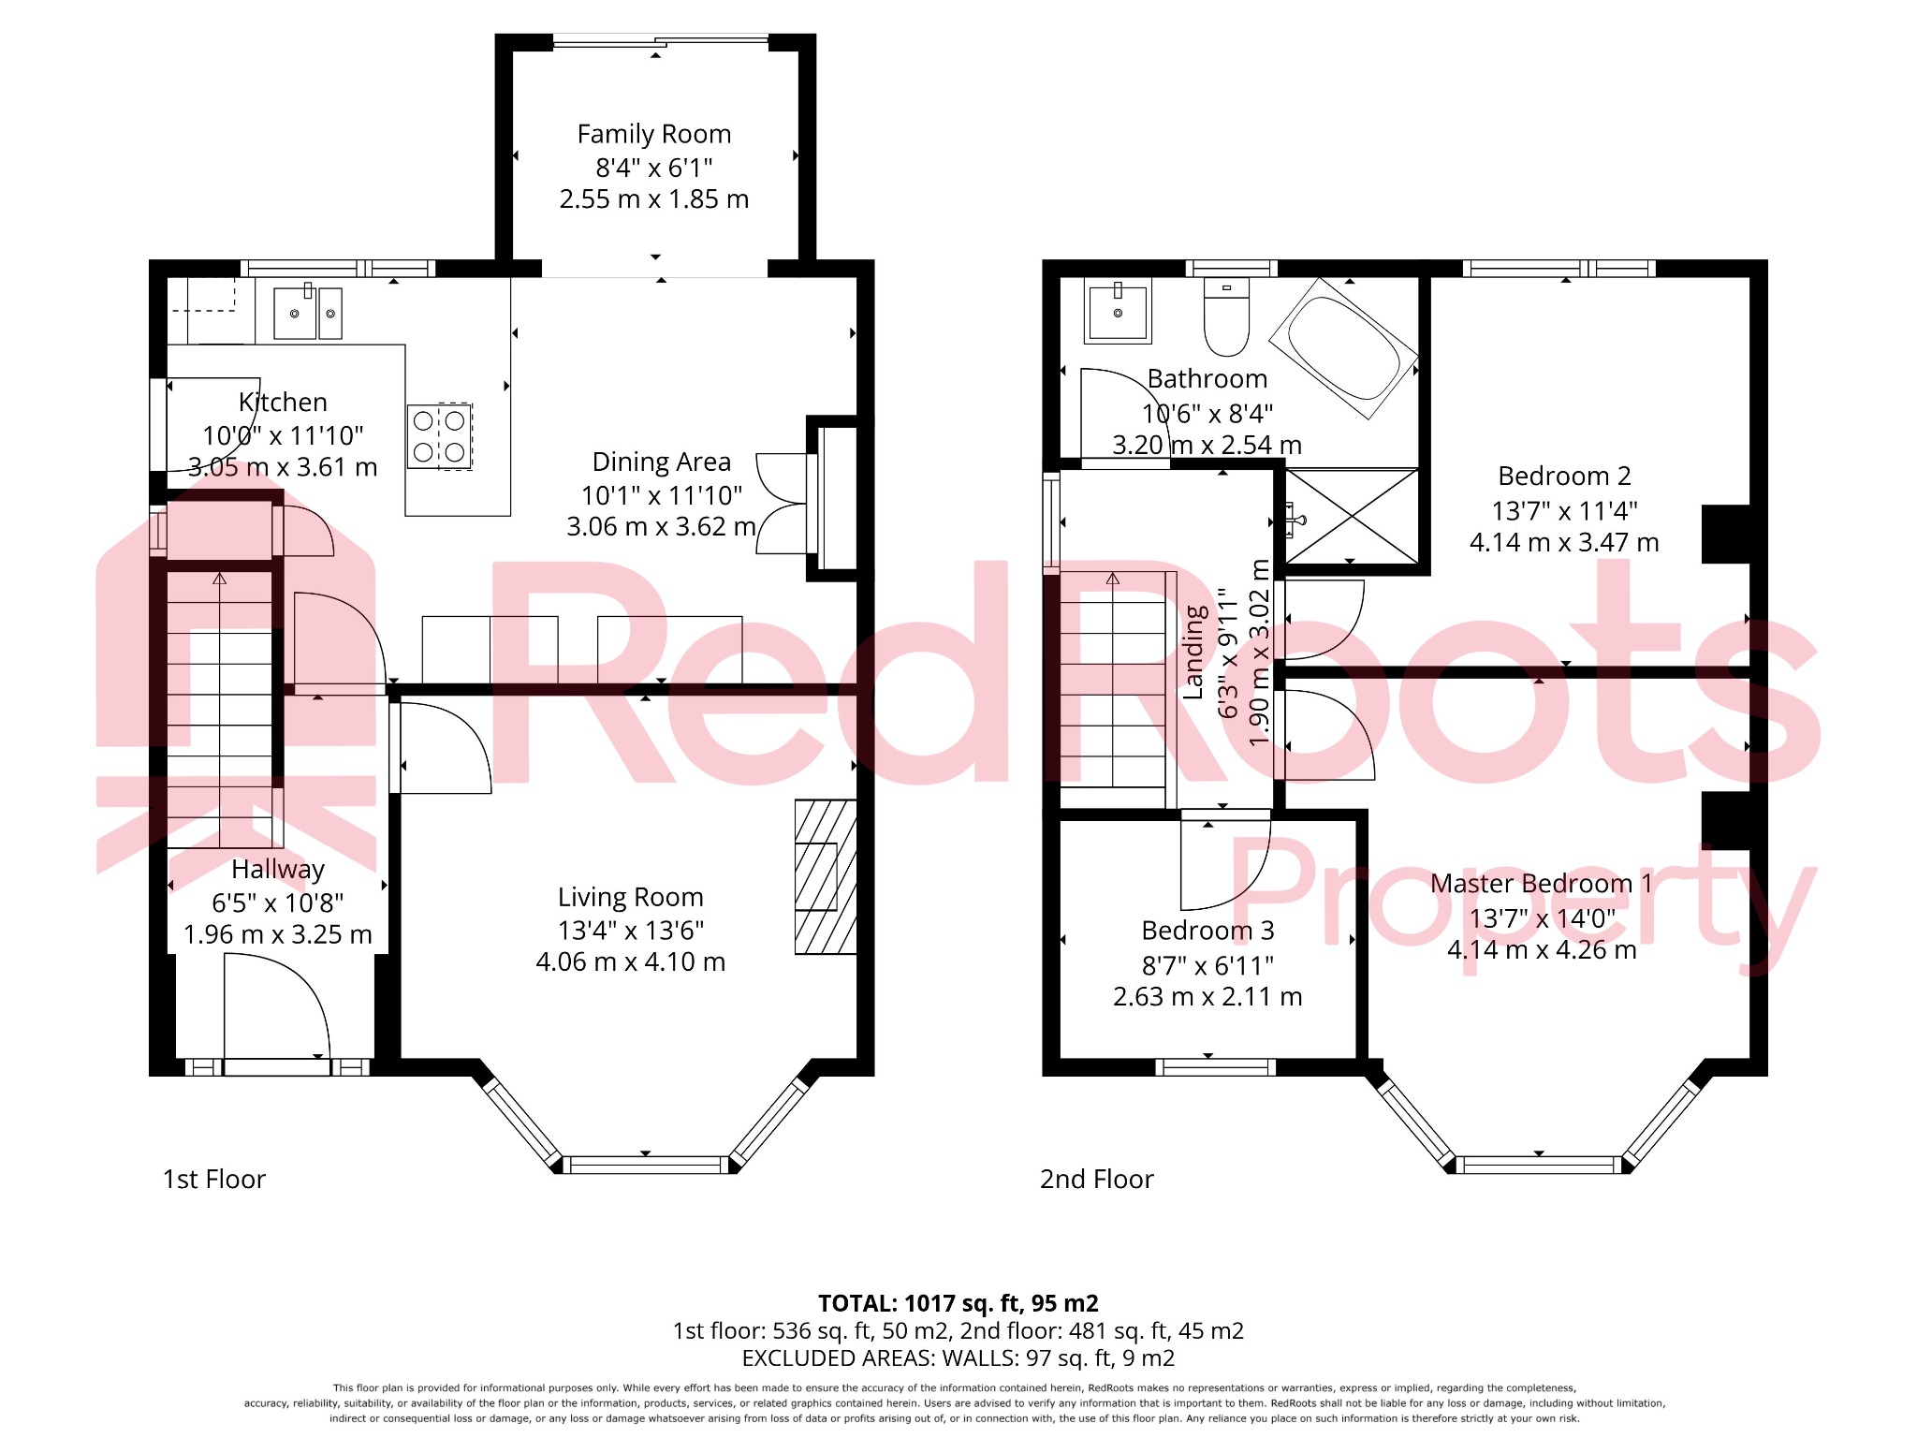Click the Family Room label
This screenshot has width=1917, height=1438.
(653, 135)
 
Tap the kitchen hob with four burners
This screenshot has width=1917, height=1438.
(440, 436)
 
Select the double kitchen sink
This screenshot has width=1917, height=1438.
(307, 313)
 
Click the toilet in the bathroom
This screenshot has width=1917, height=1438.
(1226, 316)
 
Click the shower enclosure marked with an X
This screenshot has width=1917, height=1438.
(1352, 517)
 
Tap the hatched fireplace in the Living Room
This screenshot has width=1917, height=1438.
(826, 876)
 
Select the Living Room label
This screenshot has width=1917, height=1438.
(630, 897)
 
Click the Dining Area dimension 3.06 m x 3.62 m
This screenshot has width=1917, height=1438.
(661, 527)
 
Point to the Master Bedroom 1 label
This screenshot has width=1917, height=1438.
(1541, 884)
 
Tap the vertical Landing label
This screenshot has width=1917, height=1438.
(1194, 652)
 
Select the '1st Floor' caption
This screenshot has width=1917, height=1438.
(214, 1180)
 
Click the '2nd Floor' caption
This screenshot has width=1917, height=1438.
(1097, 1180)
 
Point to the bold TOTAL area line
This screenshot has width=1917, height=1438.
(958, 1303)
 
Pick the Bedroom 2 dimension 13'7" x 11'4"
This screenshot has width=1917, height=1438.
(1564, 511)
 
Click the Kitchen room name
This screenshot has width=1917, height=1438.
(283, 403)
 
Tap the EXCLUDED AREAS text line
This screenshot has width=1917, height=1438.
(958, 1358)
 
